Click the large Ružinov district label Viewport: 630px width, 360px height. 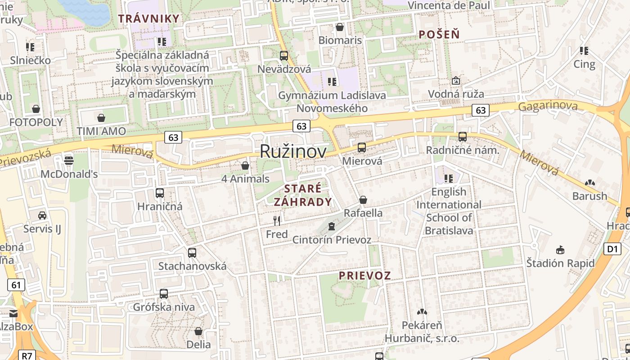coord(293,152)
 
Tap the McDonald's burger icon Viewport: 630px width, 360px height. coord(69,160)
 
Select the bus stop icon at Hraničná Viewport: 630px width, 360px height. coord(160,193)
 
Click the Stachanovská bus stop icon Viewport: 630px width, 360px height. coord(192,252)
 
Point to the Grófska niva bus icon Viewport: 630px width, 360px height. coord(164,294)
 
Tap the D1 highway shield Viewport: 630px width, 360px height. coord(612,249)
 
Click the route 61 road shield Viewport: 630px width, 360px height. coord(16,284)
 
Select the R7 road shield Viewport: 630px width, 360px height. coord(27,355)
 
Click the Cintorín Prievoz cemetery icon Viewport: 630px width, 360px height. coord(332,226)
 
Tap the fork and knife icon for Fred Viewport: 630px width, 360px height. coord(277,220)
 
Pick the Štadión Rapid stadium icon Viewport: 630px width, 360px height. coord(560,249)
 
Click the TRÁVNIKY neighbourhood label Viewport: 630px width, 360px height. coord(149,18)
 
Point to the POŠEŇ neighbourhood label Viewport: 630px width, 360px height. coord(439,34)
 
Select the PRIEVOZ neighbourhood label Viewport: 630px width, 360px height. coord(364,275)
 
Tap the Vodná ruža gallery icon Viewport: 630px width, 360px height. coord(456,81)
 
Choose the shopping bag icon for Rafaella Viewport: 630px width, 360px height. coord(363,200)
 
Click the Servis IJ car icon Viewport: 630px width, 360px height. coord(42,216)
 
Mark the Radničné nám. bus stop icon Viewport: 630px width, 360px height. coord(463,137)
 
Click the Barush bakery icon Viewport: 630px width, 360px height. coord(589,183)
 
